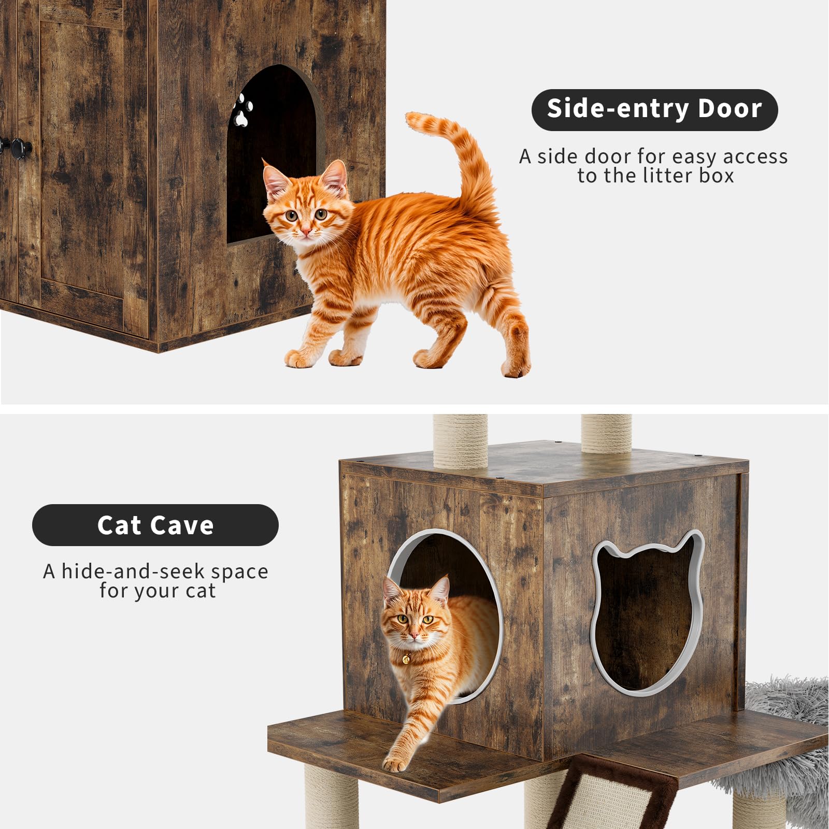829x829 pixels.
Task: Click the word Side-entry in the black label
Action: [x=617, y=109]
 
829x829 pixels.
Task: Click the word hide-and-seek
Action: [x=134, y=571]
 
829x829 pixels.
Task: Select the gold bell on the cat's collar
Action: [x=406, y=659]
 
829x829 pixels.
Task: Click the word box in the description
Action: [x=717, y=176]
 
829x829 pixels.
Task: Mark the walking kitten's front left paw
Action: [x=299, y=358]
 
